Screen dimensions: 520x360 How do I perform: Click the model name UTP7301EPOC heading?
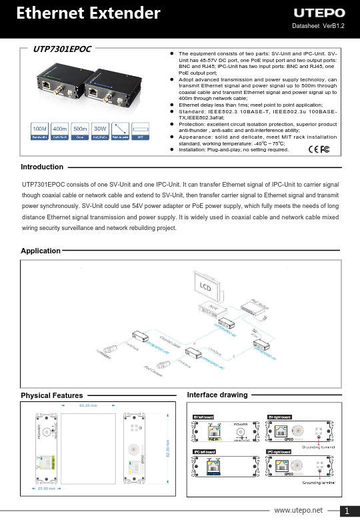(62, 49)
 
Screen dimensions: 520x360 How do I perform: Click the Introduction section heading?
(42, 167)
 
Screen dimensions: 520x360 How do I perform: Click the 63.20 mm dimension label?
(89, 405)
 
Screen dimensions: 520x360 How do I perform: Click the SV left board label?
(203, 417)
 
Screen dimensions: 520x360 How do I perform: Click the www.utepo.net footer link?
(298, 510)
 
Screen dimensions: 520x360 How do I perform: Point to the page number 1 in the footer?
(348, 511)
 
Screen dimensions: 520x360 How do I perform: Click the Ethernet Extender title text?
(88, 13)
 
